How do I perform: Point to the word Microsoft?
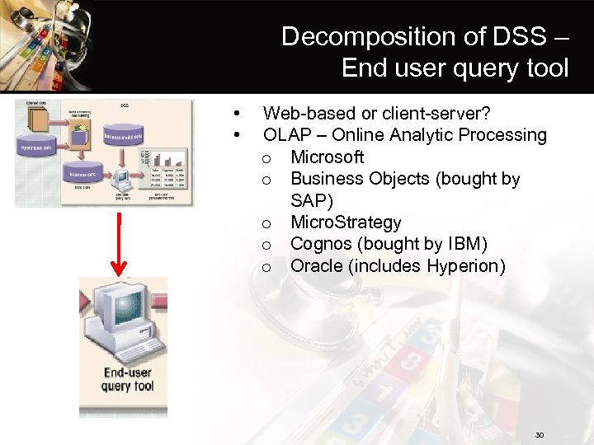point(328,157)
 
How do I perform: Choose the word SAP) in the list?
point(312,200)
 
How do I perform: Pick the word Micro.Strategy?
point(346,222)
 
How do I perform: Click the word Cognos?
point(322,245)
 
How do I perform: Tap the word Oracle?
point(318,266)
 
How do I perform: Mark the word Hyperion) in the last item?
point(466,266)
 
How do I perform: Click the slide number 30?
point(540,434)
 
